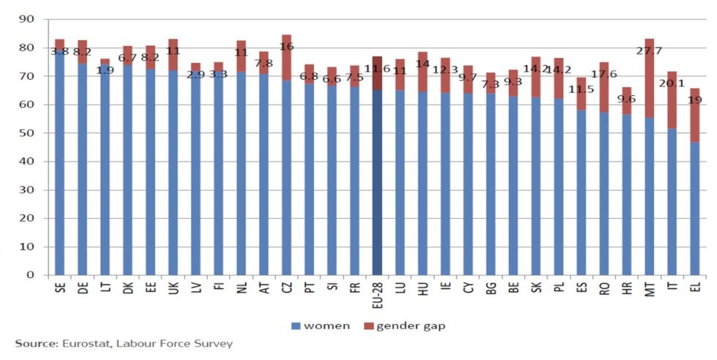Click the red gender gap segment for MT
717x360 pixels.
649,88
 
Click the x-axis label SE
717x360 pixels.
59,290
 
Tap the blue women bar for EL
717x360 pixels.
694,209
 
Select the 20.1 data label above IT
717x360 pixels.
672,82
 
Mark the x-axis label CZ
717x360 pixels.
286,290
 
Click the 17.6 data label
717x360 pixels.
604,75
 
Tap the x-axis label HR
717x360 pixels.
626,290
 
